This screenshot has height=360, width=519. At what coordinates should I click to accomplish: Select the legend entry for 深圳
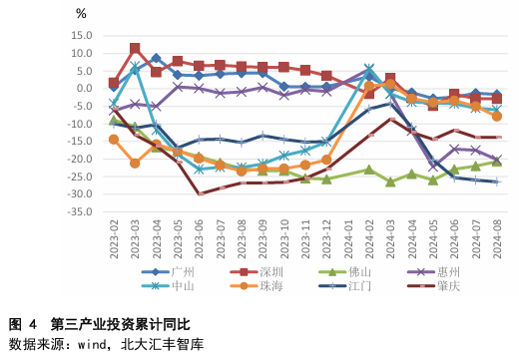click(x=271, y=271)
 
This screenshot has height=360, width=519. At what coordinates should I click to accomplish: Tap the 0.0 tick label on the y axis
click(x=83, y=88)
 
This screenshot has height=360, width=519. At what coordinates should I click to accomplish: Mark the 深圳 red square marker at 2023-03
click(x=135, y=48)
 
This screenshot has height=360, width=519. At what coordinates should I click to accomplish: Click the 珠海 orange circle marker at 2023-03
click(x=135, y=163)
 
